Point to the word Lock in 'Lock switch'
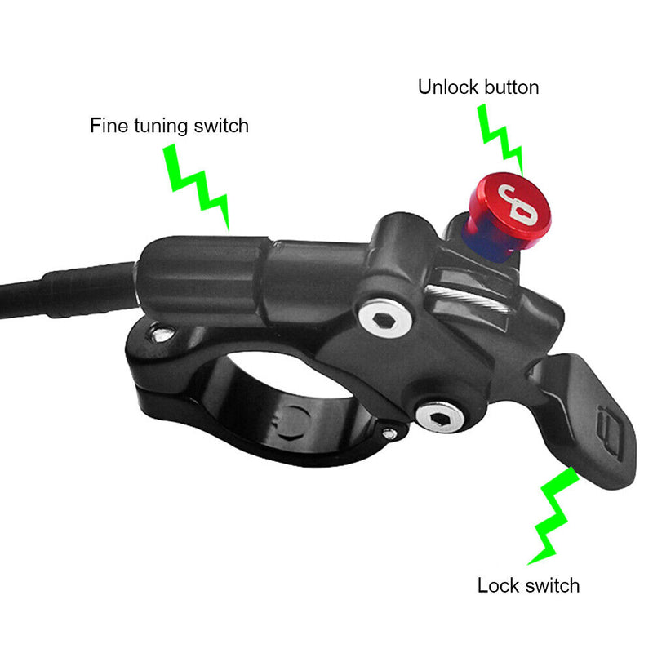coord(495,585)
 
